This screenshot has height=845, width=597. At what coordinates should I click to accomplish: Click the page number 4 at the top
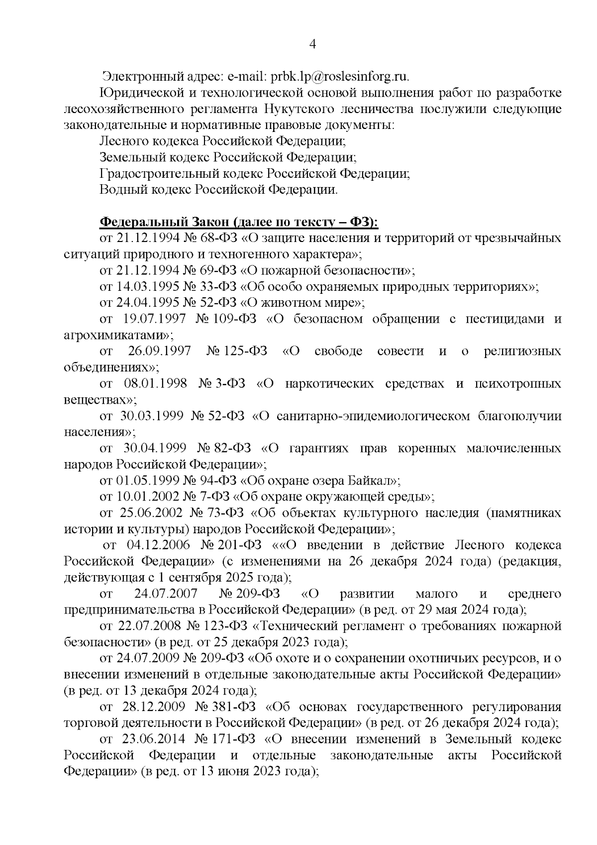click(312, 45)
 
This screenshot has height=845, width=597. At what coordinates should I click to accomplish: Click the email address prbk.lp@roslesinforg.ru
click(339, 77)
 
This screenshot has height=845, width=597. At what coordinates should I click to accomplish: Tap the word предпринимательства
click(134, 610)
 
